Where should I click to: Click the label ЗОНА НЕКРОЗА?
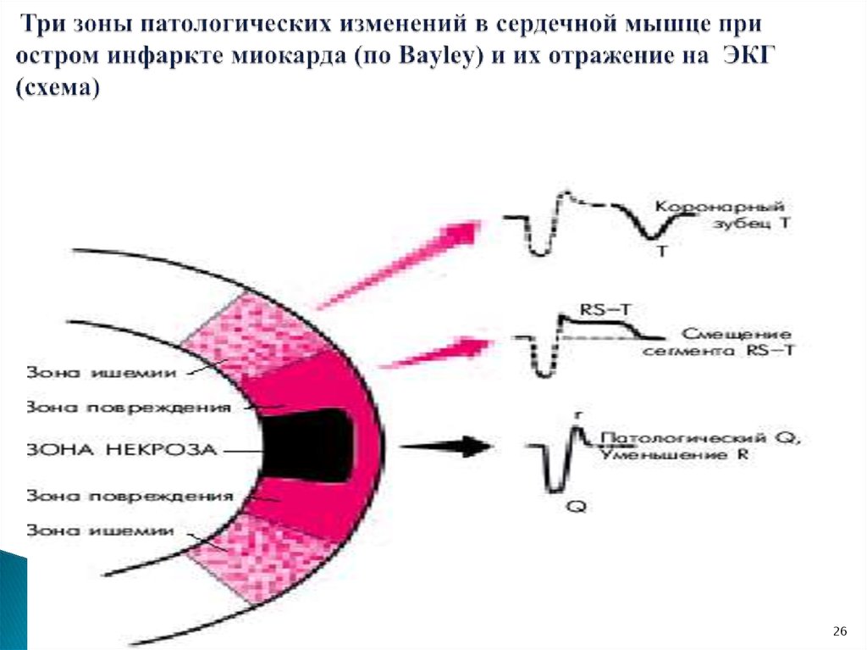(x=124, y=448)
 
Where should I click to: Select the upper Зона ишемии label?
(x=101, y=371)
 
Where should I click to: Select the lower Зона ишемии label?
(x=101, y=530)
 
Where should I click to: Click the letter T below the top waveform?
(x=660, y=252)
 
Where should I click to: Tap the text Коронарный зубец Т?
(x=721, y=215)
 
